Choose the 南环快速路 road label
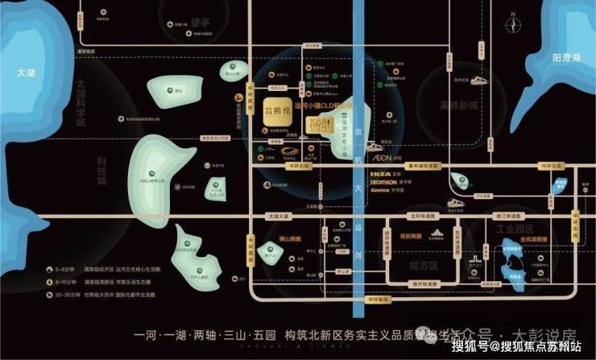pyautogui.click(x=424, y=284)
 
